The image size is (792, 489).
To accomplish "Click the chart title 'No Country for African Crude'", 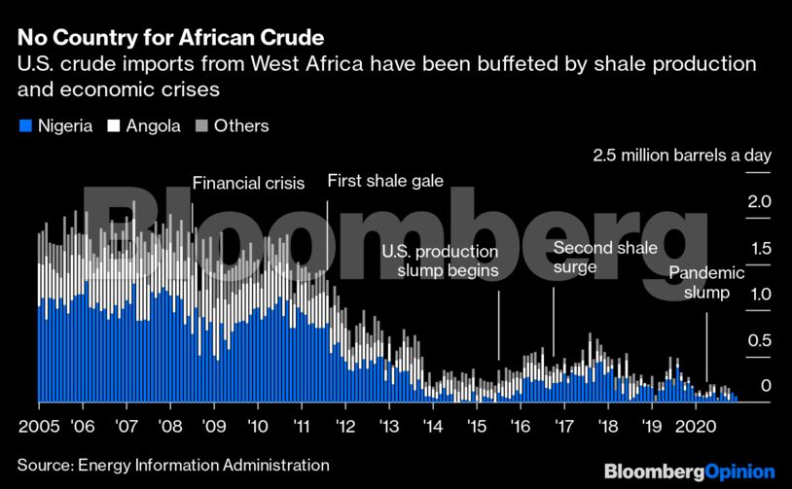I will pos(170,39).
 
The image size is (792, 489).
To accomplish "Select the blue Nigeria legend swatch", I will pos(24,126).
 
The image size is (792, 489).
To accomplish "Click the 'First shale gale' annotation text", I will pos(385,181).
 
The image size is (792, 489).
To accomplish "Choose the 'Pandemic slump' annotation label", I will pos(705,283).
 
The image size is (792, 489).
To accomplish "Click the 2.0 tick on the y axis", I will pos(759,202).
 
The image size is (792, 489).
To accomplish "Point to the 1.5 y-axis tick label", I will pos(759,249).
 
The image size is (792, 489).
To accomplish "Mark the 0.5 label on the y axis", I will pos(759,340).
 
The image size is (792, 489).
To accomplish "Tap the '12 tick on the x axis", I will pos(344,426).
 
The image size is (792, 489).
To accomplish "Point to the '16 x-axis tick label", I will pos(521,426).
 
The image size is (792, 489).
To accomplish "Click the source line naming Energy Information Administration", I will pos(166,466).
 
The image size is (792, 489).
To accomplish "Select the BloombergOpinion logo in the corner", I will pos(689,471).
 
